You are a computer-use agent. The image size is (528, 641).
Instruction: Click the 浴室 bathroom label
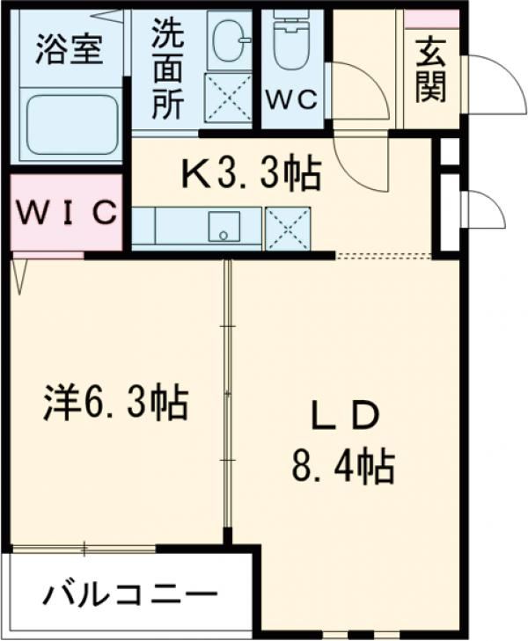tap(68, 48)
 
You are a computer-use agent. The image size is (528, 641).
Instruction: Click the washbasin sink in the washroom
tap(231, 40)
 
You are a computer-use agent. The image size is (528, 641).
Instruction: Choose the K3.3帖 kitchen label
tap(251, 177)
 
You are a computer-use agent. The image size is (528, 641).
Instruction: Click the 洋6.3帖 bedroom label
tap(115, 404)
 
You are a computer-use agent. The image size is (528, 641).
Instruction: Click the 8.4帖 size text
tap(343, 465)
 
